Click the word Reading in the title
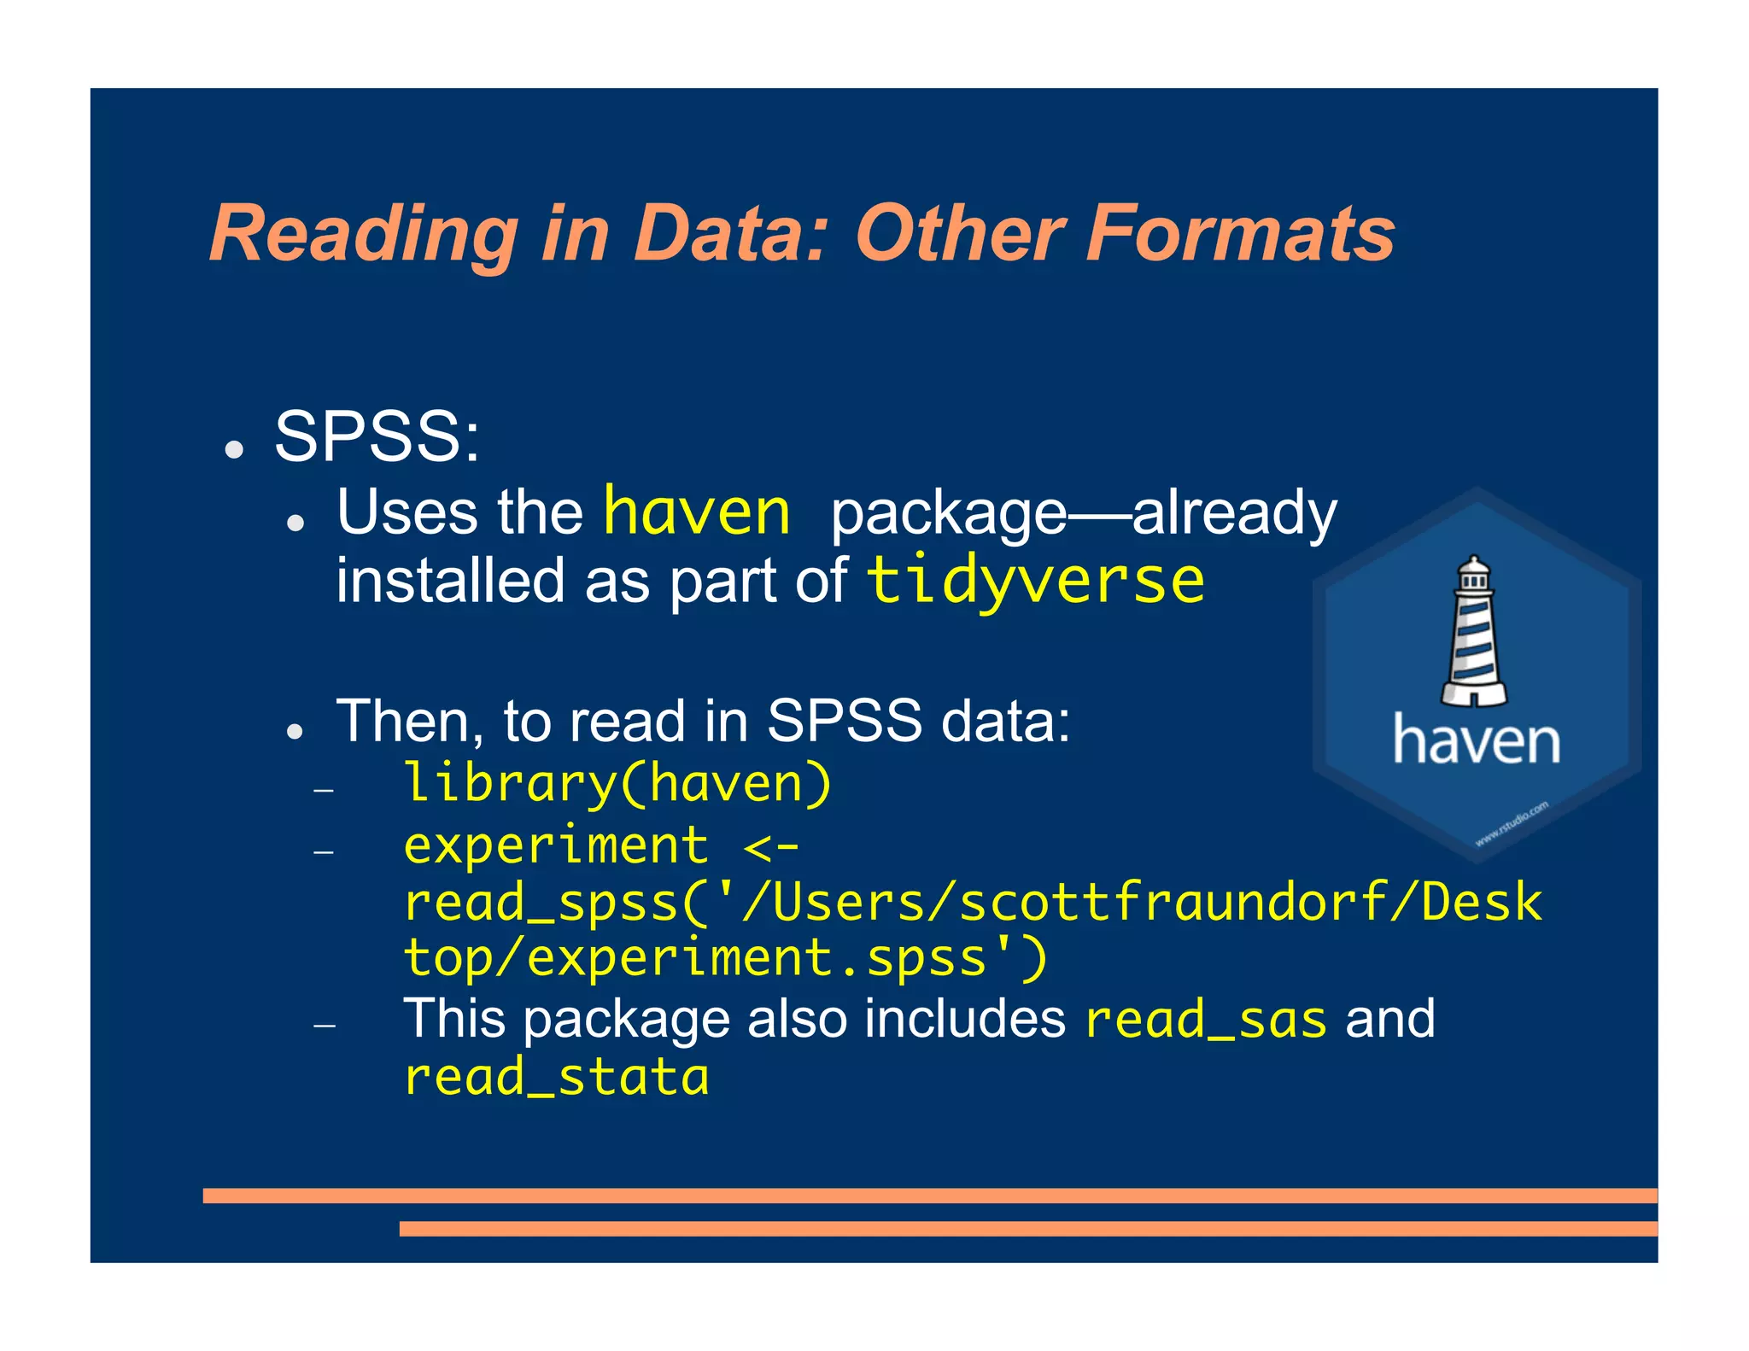click(x=364, y=235)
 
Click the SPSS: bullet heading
click(x=377, y=436)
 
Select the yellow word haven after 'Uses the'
click(x=697, y=512)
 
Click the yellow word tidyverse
click(x=1035, y=581)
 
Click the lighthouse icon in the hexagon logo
click(x=1473, y=632)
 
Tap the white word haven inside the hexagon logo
click(x=1476, y=740)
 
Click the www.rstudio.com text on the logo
click(x=1512, y=823)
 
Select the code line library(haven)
click(x=617, y=783)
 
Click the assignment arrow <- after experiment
click(x=771, y=846)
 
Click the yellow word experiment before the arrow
click(x=556, y=846)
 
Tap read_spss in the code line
click(x=541, y=904)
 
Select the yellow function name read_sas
click(x=1205, y=1020)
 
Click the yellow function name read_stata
click(x=556, y=1076)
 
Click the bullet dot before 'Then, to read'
click(x=295, y=731)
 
